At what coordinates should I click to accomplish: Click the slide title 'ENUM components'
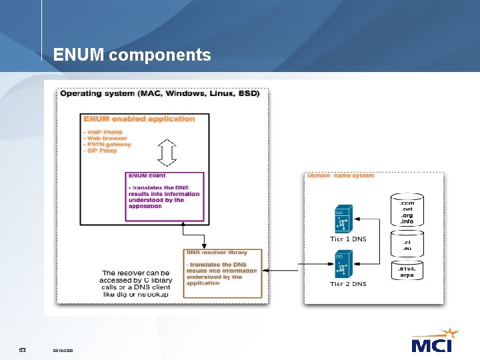pyautogui.click(x=132, y=55)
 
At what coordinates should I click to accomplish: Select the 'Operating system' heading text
pyautogui.click(x=160, y=93)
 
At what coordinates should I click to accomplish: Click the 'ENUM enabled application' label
pyautogui.click(x=139, y=119)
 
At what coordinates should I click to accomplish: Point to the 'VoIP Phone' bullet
pyautogui.click(x=103, y=132)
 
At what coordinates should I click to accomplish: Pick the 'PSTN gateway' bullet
pyautogui.click(x=107, y=144)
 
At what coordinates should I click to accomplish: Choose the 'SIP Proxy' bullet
pyautogui.click(x=100, y=151)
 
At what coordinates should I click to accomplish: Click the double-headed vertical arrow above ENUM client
pyautogui.click(x=166, y=153)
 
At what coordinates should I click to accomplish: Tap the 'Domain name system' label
pyautogui.click(x=341, y=176)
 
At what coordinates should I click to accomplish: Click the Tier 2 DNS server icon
pyautogui.click(x=343, y=264)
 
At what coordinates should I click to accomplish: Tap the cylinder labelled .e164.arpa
pyautogui.click(x=407, y=271)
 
